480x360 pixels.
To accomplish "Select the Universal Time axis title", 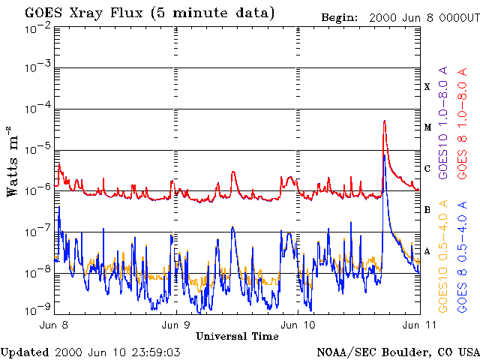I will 237,336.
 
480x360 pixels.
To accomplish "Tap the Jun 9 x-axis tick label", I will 176,325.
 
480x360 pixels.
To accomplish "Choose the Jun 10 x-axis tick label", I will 298,325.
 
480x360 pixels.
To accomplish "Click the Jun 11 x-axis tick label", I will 418,325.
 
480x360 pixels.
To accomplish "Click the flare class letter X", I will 427,87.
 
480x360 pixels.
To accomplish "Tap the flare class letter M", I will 427,127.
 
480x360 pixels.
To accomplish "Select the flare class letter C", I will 427,169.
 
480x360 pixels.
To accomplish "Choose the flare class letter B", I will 427,210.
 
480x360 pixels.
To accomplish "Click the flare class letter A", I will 427,250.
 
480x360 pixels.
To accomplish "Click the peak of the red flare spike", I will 384,121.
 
